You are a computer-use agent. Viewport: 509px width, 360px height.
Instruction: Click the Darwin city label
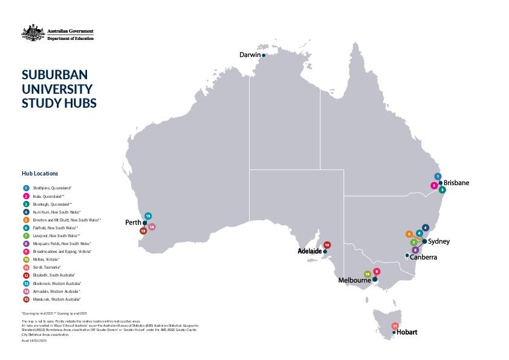click(x=250, y=54)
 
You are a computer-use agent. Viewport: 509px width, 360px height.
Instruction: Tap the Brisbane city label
click(x=456, y=183)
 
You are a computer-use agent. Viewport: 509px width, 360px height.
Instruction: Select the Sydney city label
click(x=438, y=241)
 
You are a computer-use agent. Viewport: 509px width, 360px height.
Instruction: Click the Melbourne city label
click(x=354, y=280)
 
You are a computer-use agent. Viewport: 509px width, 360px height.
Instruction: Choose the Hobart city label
click(x=407, y=332)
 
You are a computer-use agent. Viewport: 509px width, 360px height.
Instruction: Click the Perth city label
click(x=133, y=222)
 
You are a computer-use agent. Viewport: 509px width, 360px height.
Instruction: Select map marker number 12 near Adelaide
click(x=327, y=245)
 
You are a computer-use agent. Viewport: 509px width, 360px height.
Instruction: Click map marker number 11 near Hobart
click(x=395, y=326)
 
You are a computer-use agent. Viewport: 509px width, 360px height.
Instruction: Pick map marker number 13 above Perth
click(x=148, y=216)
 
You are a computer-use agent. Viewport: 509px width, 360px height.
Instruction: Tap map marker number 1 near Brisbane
click(x=438, y=177)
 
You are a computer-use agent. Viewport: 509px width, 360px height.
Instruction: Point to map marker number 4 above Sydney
click(x=426, y=228)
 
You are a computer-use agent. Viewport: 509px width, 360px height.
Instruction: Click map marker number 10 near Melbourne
click(x=367, y=274)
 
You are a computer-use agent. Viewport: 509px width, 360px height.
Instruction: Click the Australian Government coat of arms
click(x=30, y=32)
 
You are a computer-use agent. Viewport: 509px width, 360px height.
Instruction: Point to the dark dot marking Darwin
click(x=264, y=55)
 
